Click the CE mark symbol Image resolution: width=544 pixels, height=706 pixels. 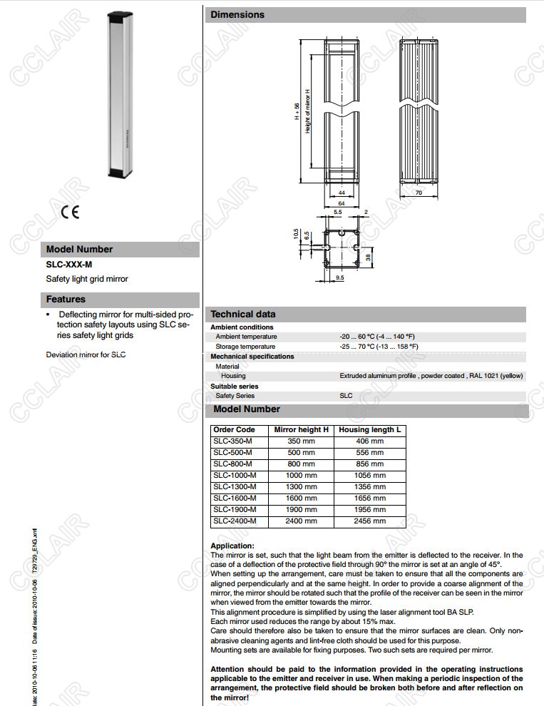[x=70, y=211]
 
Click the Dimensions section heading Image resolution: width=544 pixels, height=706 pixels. [x=237, y=14]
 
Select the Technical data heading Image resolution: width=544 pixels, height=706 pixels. [x=243, y=314]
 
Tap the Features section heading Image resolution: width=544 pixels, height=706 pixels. [x=66, y=300]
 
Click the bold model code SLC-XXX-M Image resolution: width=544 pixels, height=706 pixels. [x=69, y=265]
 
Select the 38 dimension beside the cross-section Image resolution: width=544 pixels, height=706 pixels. [x=368, y=258]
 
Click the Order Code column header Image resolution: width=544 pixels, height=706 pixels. [x=234, y=430]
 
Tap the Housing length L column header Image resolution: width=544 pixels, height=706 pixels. [x=369, y=430]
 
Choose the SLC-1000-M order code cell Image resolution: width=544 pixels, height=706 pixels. [x=235, y=475]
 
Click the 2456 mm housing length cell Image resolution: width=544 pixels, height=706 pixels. [x=369, y=521]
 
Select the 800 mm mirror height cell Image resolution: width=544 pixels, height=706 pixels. [x=301, y=464]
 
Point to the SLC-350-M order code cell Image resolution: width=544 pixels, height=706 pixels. [x=232, y=441]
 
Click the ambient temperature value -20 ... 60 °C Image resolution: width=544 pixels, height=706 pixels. [x=377, y=337]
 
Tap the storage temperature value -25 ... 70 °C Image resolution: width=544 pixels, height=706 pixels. [x=379, y=347]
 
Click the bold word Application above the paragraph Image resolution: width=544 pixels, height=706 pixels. [x=232, y=546]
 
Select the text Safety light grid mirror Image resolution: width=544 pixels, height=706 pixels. [x=87, y=279]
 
